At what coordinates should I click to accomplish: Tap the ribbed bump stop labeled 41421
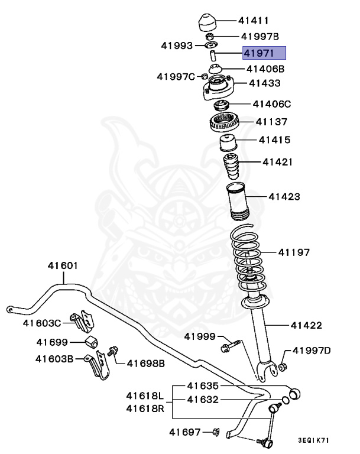pyautogui.click(x=231, y=167)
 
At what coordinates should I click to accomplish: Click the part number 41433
pyautogui.click(x=264, y=83)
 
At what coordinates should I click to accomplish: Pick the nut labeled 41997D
pyautogui.click(x=282, y=368)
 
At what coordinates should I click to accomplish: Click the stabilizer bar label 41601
pyautogui.click(x=63, y=265)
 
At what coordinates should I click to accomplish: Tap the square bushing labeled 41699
pyautogui.click(x=91, y=343)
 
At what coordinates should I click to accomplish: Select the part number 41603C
pyautogui.click(x=42, y=323)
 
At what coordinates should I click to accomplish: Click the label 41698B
pyautogui.click(x=145, y=362)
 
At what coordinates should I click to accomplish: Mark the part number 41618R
pyautogui.click(x=144, y=408)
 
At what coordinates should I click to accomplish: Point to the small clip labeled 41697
pyautogui.click(x=215, y=433)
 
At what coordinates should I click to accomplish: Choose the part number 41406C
pyautogui.click(x=272, y=104)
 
